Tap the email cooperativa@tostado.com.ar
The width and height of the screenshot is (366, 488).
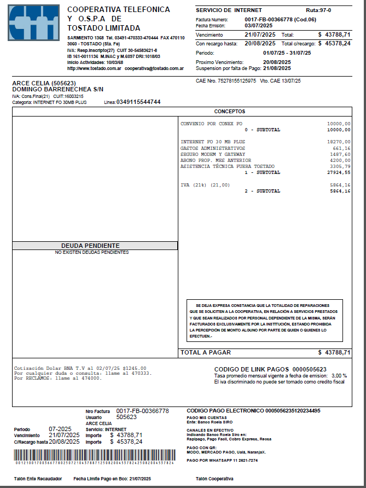[x=154, y=69]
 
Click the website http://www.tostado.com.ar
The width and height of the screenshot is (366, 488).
[x=94, y=69]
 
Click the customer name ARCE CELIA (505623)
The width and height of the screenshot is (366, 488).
[x=44, y=83]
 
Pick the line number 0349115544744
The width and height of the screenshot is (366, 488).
[x=138, y=102]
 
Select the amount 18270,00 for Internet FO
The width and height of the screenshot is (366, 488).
[x=339, y=142]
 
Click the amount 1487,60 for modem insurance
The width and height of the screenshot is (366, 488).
[x=340, y=154]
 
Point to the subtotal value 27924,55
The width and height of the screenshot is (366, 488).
[x=339, y=172]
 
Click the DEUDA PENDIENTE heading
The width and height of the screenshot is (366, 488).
[x=90, y=246]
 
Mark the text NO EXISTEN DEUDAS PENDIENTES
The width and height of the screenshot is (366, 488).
[x=91, y=252]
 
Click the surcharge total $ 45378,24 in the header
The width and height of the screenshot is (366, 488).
[x=334, y=43]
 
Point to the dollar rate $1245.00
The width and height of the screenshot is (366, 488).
[x=135, y=368]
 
